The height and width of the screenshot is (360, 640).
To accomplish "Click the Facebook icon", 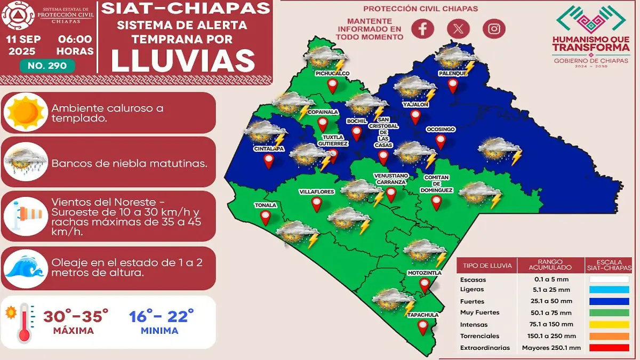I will (x=422, y=29).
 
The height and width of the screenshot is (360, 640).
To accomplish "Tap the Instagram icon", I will (x=494, y=29).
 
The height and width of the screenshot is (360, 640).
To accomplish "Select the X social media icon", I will (x=458, y=29).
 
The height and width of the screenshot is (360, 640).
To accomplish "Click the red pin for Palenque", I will (x=453, y=85).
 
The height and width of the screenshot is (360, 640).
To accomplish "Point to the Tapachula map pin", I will (x=423, y=327).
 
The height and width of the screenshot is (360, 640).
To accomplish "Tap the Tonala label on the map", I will (x=266, y=205).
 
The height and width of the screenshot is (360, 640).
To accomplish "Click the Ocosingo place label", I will (x=440, y=130).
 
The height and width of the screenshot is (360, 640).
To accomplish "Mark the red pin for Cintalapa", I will (x=269, y=161).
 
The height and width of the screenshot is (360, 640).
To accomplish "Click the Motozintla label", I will (x=423, y=273).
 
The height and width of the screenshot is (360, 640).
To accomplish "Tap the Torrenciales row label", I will (x=479, y=336).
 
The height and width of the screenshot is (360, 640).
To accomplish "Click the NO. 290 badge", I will (x=47, y=66).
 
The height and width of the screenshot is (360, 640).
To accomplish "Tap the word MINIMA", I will (x=159, y=331).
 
